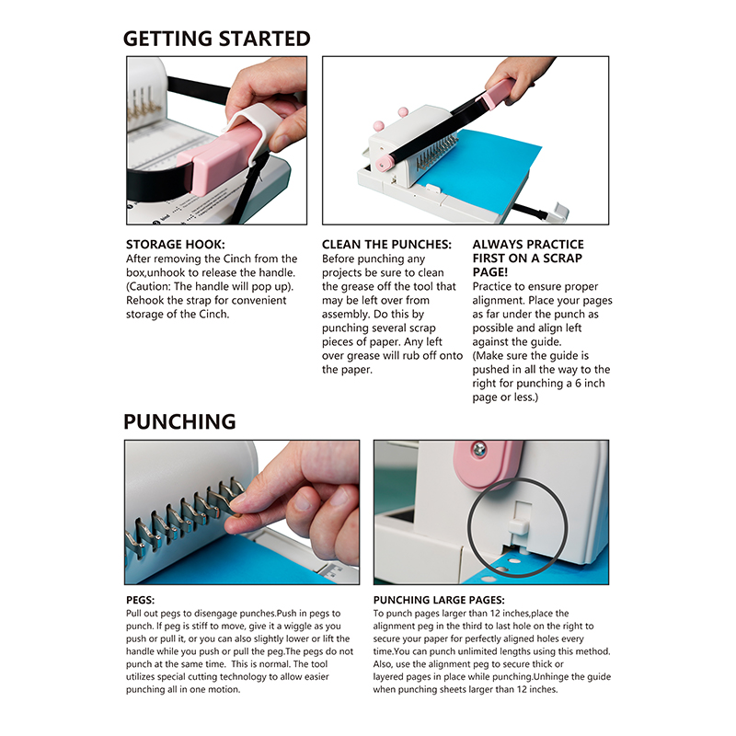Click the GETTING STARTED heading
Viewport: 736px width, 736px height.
pyautogui.click(x=216, y=39)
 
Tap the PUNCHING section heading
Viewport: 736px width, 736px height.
pyautogui.click(x=179, y=421)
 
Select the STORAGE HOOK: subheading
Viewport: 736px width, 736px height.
pyautogui.click(x=175, y=245)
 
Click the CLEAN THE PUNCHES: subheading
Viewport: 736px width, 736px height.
pyautogui.click(x=386, y=245)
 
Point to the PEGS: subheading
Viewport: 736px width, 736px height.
pyautogui.click(x=140, y=600)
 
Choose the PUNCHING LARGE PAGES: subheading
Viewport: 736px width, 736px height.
pyautogui.click(x=439, y=600)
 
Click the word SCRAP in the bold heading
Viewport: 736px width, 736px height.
pyautogui.click(x=562, y=259)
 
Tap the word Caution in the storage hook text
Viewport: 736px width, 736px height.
pyautogui.click(x=149, y=286)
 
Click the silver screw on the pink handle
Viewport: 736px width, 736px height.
pyautogui.click(x=479, y=450)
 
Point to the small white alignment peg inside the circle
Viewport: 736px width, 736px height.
pyautogui.click(x=519, y=526)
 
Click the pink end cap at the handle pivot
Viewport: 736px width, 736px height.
pyautogui.click(x=385, y=163)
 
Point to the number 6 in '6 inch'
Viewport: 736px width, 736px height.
pyautogui.click(x=579, y=384)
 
